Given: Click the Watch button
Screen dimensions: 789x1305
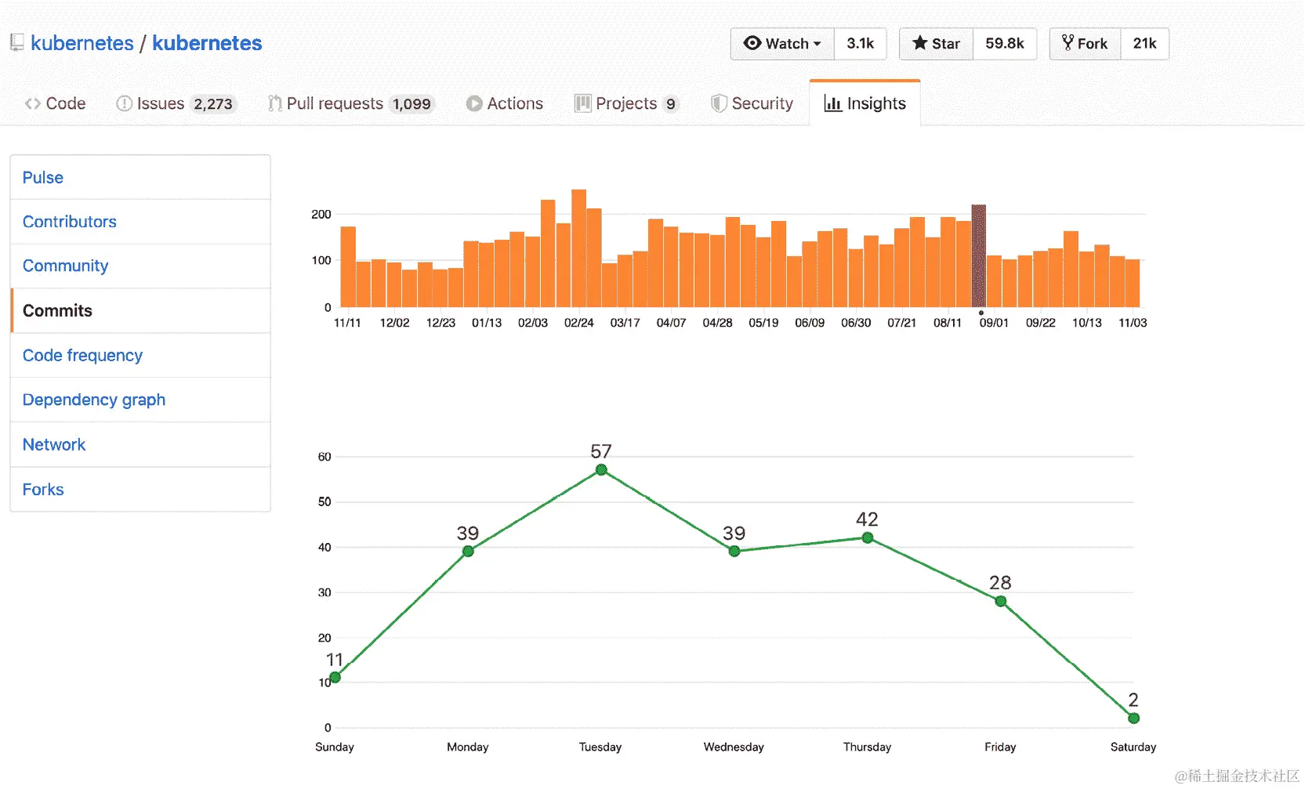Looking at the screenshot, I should [x=782, y=44].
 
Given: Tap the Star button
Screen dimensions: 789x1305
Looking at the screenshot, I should [x=936, y=44].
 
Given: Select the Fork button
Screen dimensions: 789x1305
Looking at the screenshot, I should [x=1085, y=44].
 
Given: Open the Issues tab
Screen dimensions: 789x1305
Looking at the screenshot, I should [x=160, y=103].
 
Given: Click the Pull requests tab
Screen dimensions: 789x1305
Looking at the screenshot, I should [x=335, y=103].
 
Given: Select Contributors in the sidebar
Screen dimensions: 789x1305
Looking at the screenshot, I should [x=70, y=222].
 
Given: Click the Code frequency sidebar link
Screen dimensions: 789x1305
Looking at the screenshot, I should [x=82, y=356].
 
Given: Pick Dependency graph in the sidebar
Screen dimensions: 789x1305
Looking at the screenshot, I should [x=94, y=400].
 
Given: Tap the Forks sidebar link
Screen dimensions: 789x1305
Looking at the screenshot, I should [x=43, y=490].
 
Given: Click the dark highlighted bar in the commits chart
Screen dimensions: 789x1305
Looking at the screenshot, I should [x=979, y=256].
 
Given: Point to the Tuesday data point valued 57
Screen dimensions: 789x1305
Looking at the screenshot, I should [x=601, y=470].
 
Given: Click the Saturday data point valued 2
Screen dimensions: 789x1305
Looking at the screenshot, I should [x=1133, y=718].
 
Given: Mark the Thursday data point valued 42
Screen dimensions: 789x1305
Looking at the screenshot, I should [x=868, y=537].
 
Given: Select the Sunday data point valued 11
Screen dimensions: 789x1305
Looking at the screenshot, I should [x=335, y=677].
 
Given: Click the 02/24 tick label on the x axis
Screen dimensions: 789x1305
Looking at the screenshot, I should [x=579, y=323].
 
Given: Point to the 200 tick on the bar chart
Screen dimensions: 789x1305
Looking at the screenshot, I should [x=321, y=215].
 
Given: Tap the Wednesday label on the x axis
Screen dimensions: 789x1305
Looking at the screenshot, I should [x=734, y=747].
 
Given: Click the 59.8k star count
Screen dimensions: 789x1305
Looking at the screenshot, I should [x=1005, y=44].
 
